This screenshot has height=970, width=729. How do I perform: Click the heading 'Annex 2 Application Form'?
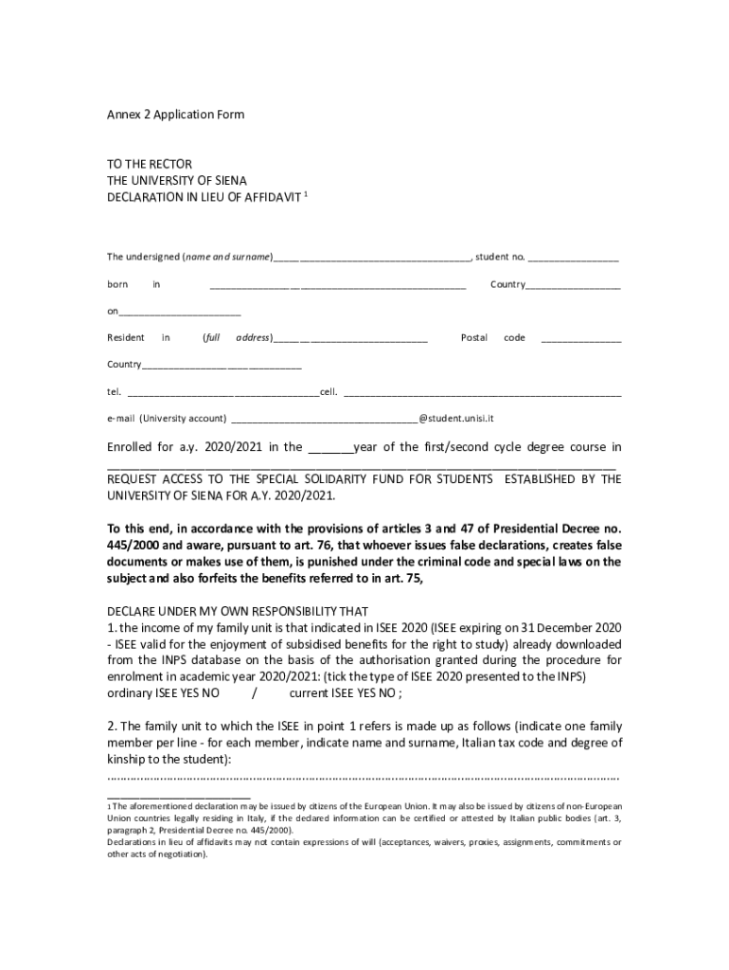(x=175, y=115)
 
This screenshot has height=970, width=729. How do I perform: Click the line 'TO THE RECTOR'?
(x=149, y=163)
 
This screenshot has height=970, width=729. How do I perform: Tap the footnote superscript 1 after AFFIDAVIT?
(x=306, y=193)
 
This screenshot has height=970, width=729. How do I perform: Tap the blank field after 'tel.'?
(x=222, y=392)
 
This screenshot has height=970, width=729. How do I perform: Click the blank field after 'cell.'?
(x=482, y=392)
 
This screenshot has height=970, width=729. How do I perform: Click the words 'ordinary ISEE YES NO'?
(x=163, y=692)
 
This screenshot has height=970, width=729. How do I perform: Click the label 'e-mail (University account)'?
(x=166, y=418)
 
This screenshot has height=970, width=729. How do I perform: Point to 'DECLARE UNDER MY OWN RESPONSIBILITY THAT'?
(x=238, y=610)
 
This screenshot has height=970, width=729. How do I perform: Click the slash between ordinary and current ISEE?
(x=255, y=692)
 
